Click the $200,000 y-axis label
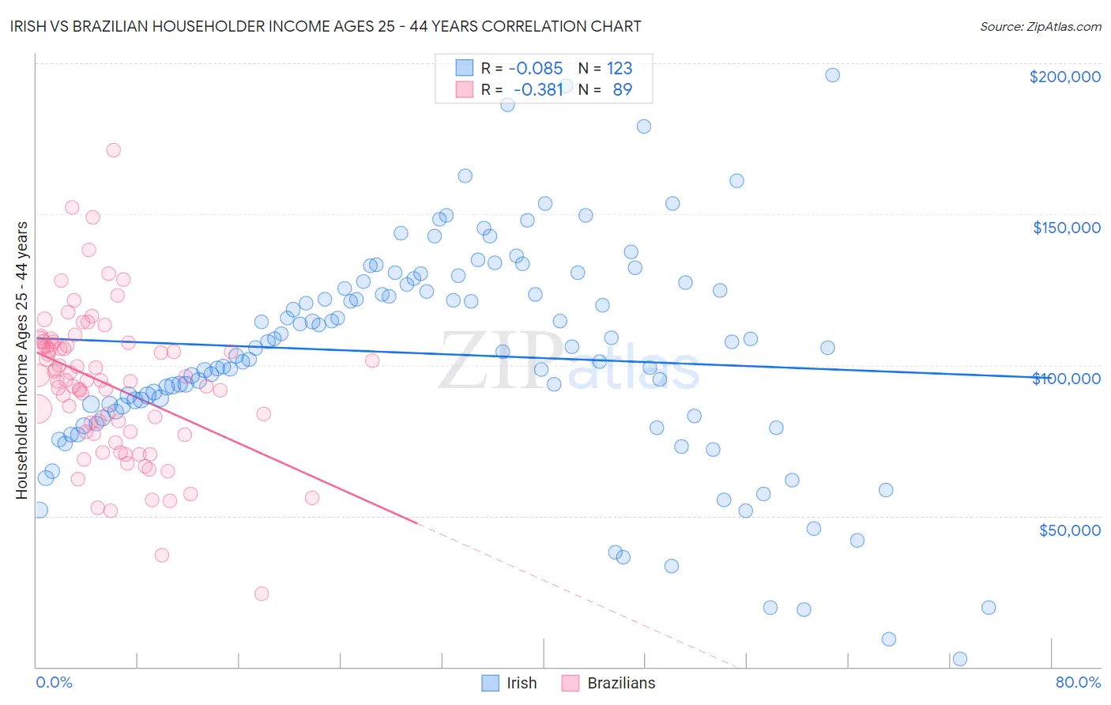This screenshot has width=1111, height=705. coord(1064,77)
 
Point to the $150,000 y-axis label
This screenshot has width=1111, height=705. coord(1066,228)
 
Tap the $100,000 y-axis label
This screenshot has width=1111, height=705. coord(1066,379)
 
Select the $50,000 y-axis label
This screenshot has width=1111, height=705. coord(1069,530)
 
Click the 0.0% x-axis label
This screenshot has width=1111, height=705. coord(54,682)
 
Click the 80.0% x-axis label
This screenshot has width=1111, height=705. coord(1078,682)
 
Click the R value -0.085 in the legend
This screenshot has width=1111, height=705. coord(535,68)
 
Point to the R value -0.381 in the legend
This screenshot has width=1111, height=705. coord(537,89)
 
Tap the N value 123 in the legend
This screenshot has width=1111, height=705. coord(620,68)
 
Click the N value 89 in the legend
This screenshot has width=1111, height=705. coord(623,89)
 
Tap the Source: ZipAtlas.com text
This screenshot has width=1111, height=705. coord(1040,26)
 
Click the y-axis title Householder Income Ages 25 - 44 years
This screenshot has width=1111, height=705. coord(21,360)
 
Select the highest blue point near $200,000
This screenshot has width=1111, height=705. coord(832,75)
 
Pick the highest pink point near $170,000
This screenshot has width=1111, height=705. coord(113,150)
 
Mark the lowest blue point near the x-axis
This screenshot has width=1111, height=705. coord(960,658)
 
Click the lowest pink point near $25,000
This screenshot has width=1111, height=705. coord(262,594)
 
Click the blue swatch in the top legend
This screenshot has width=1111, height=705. coord(464,68)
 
